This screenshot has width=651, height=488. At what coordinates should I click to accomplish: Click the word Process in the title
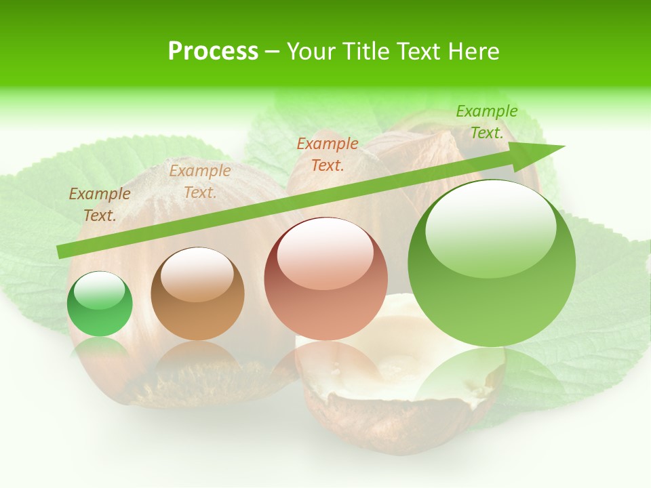tap(213, 52)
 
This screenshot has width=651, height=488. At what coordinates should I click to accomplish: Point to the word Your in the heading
tap(310, 52)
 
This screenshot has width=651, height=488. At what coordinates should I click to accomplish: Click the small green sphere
tap(100, 304)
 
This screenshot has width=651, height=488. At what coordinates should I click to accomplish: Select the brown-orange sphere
tap(197, 293)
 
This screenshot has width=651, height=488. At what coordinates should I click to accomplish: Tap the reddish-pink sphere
tap(325, 279)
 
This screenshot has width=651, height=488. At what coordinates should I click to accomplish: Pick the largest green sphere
tap(492, 263)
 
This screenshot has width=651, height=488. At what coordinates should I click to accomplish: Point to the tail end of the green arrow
tap(60, 252)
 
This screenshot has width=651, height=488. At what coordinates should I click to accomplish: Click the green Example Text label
tap(486, 122)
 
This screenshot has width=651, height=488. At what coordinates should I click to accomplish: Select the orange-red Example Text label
tap(328, 154)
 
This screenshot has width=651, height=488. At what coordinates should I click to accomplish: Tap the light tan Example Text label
tap(200, 182)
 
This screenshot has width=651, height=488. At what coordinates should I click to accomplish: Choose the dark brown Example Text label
tap(100, 205)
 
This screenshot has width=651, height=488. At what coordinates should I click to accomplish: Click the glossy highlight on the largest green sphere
tap(490, 227)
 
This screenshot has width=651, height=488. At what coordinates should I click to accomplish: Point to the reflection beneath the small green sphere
tap(100, 352)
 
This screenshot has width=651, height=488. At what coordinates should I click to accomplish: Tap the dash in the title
tap(273, 52)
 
